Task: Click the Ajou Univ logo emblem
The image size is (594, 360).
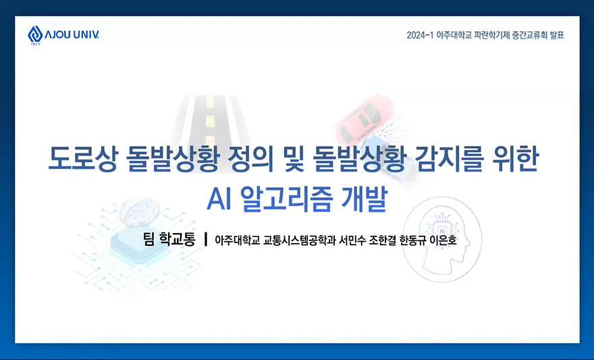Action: [35, 34]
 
